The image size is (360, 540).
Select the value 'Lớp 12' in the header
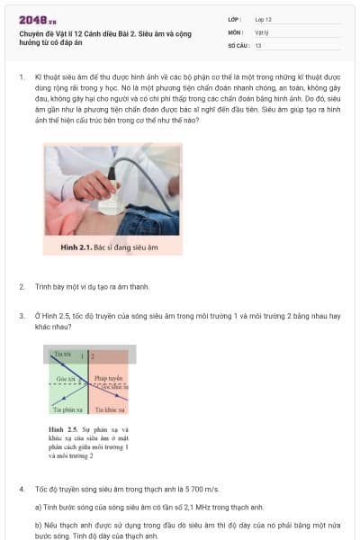pos(263,19)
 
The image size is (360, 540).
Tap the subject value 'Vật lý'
pos(262,31)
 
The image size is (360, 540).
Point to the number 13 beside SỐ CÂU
pos(258,44)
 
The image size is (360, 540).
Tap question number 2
pos(21,287)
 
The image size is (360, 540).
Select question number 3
pos(21,316)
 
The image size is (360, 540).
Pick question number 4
pos(21,489)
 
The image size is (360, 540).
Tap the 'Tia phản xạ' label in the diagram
pos(67,409)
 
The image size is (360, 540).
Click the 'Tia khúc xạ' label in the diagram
pos(110,409)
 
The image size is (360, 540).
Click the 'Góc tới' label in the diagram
pos(66,380)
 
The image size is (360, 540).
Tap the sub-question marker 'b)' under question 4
pos(38,525)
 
